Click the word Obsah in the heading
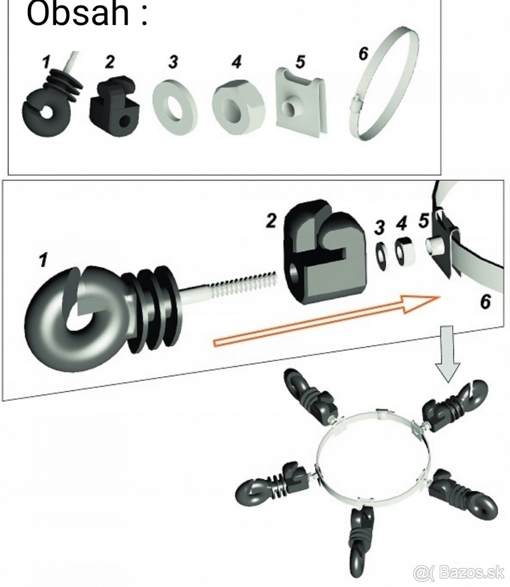[x=78, y=14]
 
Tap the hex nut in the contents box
[x=239, y=104]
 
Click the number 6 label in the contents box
[x=363, y=54]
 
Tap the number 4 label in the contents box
[x=237, y=63]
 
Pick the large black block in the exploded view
[x=320, y=252]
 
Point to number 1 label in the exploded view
[x=44, y=260]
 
